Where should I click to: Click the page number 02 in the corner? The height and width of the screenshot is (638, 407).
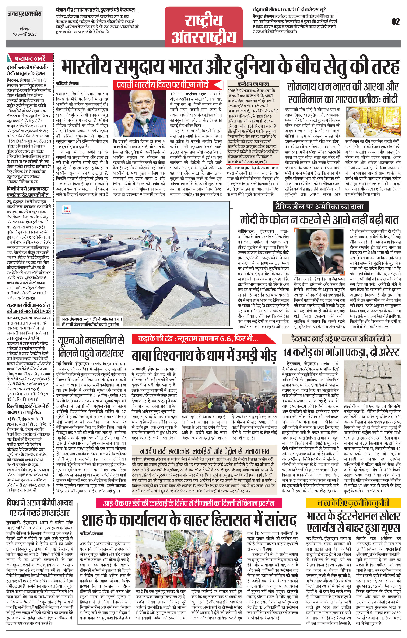coord(396,21)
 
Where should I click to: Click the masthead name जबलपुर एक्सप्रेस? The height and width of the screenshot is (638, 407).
coord(25,14)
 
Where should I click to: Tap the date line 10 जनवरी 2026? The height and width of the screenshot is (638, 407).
coord(25,34)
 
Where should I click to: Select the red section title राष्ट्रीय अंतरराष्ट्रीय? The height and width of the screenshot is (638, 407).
coord(204,29)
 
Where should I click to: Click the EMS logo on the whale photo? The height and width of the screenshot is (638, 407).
coord(66,209)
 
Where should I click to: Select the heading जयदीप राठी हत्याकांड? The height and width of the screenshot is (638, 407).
coord(204,451)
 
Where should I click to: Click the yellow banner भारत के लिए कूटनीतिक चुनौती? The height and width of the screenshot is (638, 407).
coord(353,503)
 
